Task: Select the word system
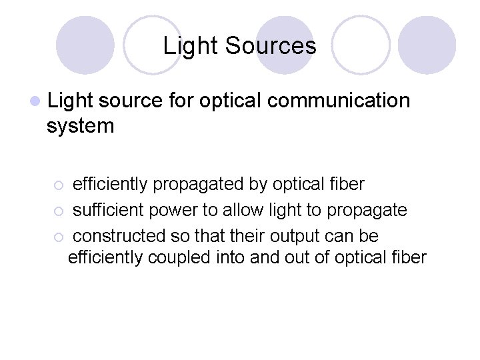81,125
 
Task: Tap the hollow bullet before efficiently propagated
59,185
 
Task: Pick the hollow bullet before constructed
59,237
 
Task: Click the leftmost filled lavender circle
85,45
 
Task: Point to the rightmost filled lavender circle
427,45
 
